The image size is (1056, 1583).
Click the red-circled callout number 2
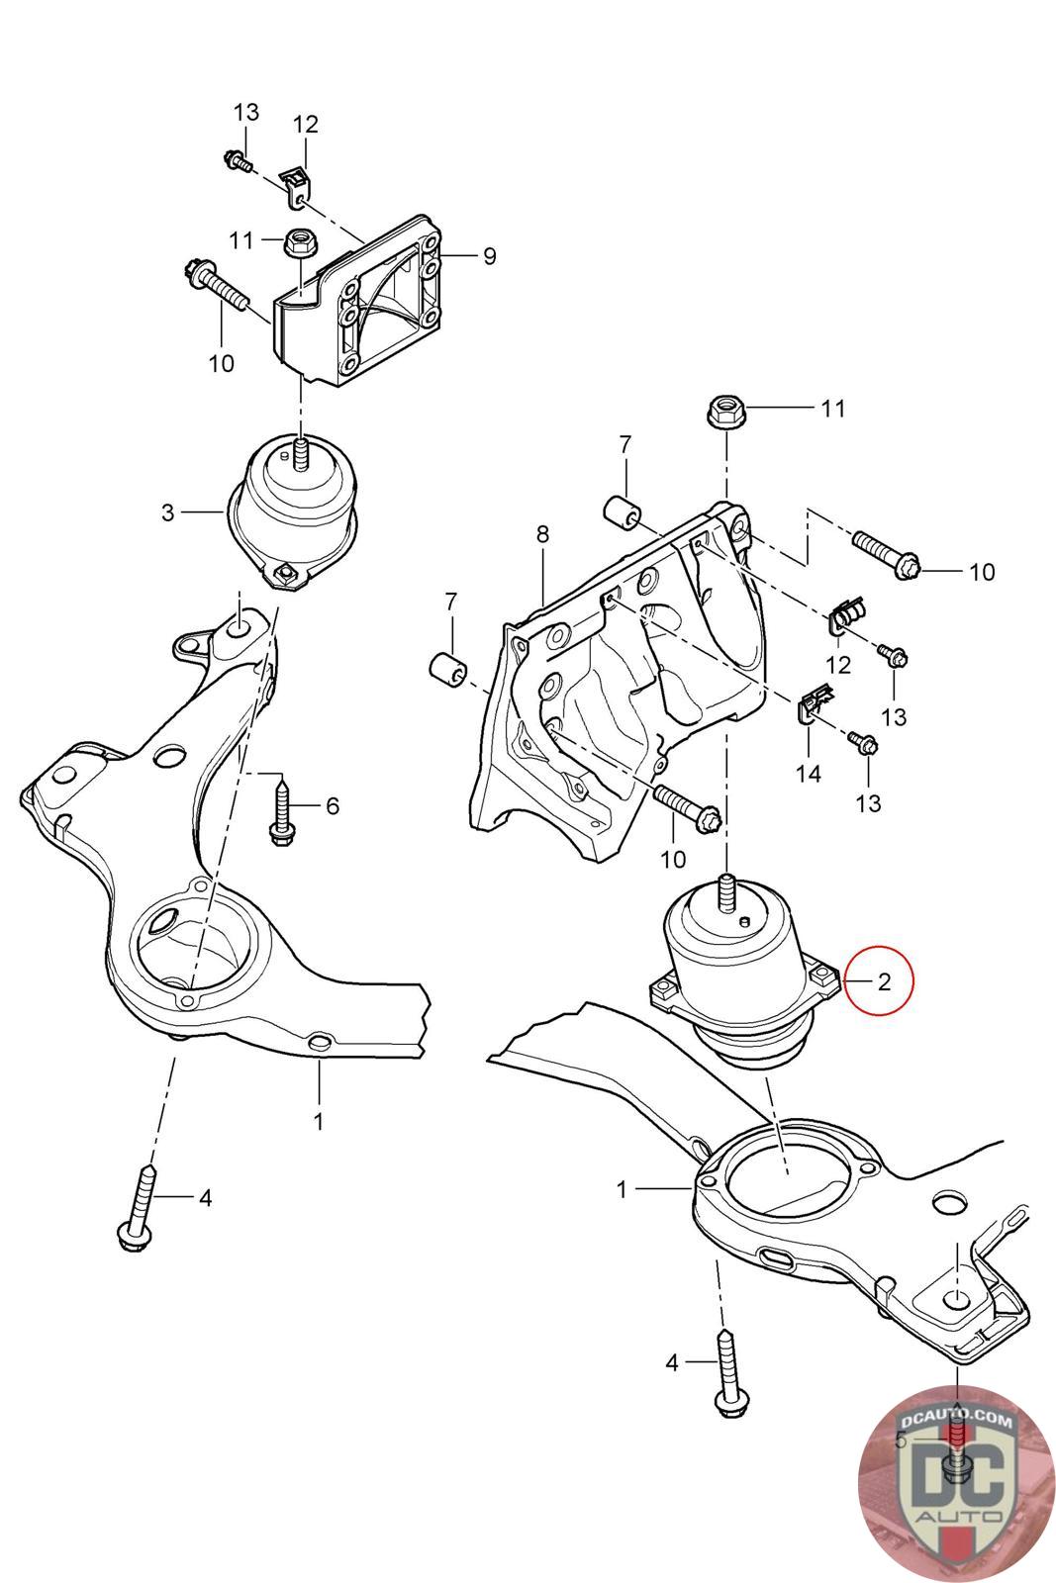click(x=884, y=982)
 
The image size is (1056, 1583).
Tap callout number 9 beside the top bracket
click(x=489, y=256)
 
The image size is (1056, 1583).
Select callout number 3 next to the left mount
click(x=167, y=512)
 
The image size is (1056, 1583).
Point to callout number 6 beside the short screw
click(x=333, y=805)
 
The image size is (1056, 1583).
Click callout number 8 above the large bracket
click(x=542, y=535)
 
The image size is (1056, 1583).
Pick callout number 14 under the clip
click(x=809, y=774)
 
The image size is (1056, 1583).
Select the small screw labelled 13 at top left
click(x=239, y=160)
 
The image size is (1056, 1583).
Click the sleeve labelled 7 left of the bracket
click(x=448, y=669)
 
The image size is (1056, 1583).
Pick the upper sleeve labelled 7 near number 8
click(x=623, y=512)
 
